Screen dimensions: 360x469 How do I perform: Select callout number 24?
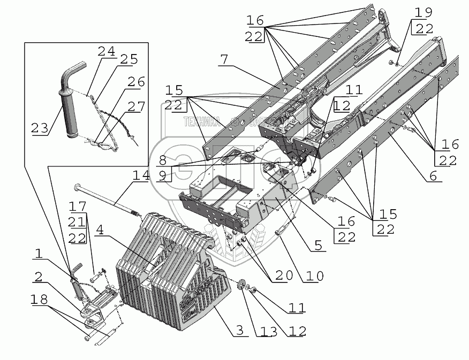(x=106, y=52)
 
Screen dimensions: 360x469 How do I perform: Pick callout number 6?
(x=432, y=175)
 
